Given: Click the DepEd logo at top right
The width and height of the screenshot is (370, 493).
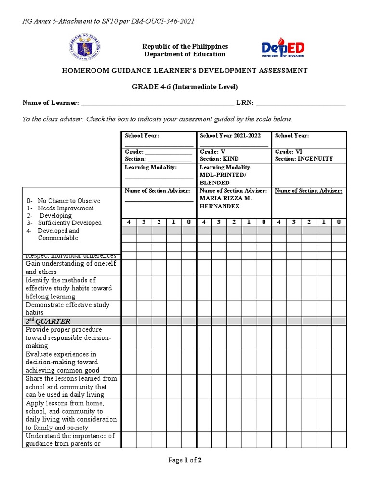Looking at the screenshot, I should [x=283, y=49].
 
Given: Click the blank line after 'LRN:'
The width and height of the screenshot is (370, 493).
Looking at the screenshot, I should [x=301, y=104].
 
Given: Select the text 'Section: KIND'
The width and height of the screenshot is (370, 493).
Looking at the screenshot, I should [x=219, y=159].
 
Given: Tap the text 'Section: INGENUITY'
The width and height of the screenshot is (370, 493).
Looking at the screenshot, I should [x=304, y=159].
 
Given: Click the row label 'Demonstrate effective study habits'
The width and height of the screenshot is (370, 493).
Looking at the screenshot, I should [x=67, y=309].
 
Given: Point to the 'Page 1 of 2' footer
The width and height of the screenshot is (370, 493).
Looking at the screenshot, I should [x=185, y=460].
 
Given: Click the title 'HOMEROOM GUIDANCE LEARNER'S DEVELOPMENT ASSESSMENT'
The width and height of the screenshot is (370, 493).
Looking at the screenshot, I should [x=185, y=71].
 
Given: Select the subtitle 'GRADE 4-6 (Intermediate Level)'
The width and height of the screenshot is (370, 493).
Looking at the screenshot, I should [x=185, y=87].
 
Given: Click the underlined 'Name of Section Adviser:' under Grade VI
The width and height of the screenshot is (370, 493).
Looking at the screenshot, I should [x=308, y=191].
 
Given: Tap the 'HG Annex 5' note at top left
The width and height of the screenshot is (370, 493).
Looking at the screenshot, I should [x=109, y=21].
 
